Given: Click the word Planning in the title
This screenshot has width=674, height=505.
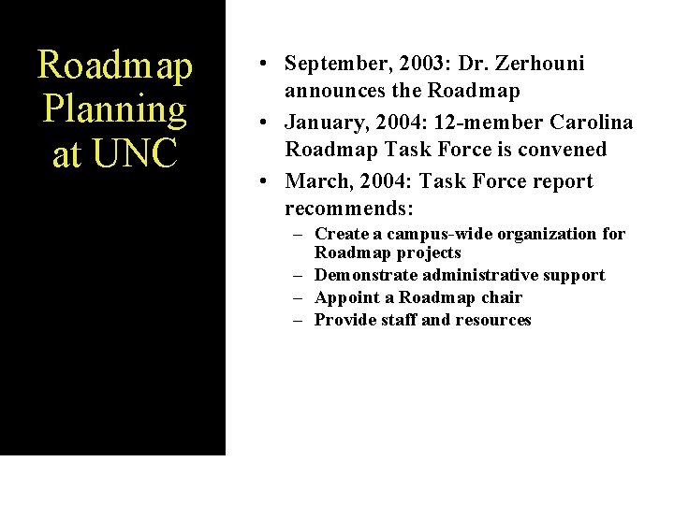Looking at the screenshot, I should click(x=115, y=109).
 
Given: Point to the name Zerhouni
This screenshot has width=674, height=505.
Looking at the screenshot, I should click(x=539, y=64).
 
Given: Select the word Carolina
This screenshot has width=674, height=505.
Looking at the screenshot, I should click(x=591, y=123).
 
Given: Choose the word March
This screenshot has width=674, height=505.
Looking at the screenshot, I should click(x=315, y=180).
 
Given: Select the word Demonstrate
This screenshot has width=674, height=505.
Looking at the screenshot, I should click(x=366, y=275).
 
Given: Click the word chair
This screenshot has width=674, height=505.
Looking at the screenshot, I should click(x=502, y=297).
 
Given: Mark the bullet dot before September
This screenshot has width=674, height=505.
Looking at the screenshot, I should click(x=267, y=64).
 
